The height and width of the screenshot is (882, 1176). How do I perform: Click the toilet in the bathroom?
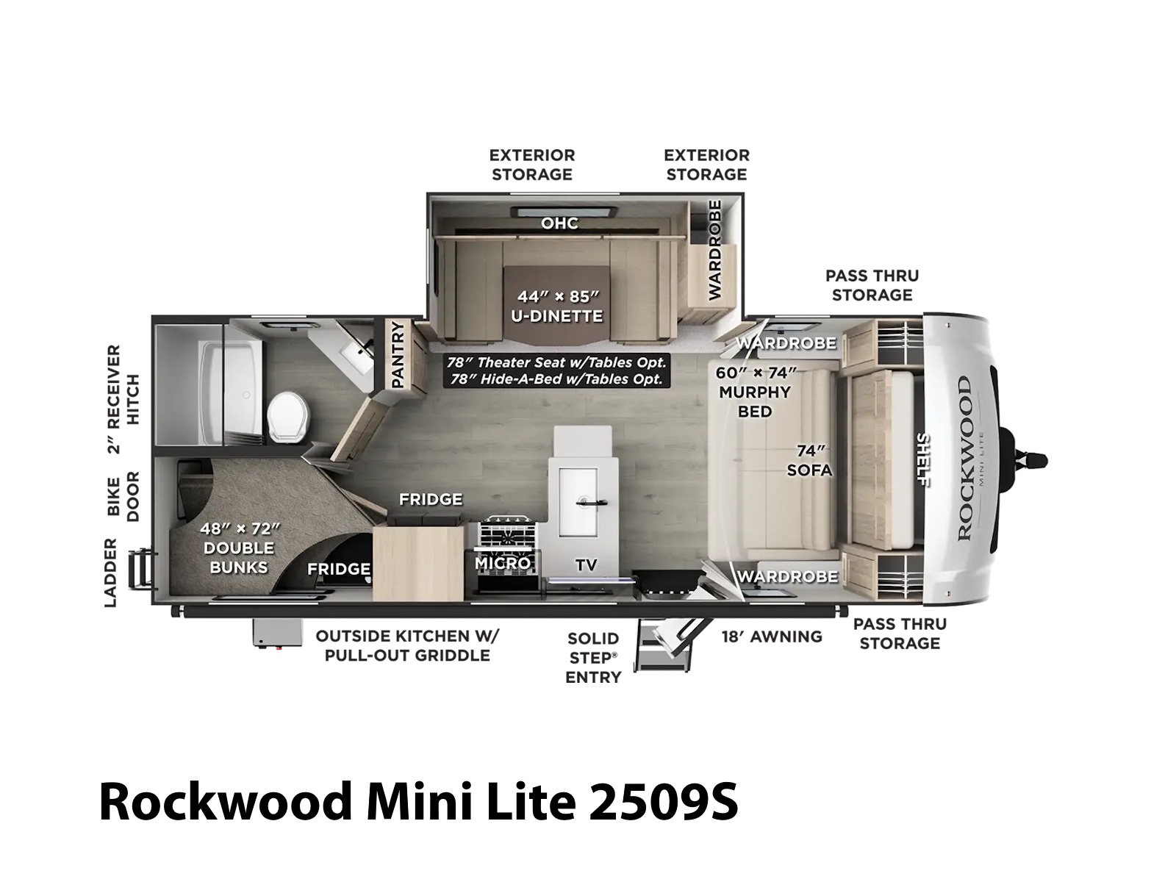(x=290, y=417)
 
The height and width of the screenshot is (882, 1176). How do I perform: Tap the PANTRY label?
(x=398, y=354)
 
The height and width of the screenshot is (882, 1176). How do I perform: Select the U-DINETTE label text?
(x=557, y=317)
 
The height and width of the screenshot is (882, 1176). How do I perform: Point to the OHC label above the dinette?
(x=560, y=223)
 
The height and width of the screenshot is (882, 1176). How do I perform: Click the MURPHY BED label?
(x=755, y=401)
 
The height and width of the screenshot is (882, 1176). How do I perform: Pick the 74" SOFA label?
(x=809, y=461)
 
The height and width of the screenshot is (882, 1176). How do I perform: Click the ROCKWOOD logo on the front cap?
(x=964, y=459)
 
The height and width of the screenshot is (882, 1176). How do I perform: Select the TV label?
(x=586, y=565)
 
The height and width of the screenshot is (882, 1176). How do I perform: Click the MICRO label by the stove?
(x=503, y=563)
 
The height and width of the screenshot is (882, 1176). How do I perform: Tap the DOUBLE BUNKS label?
(x=239, y=557)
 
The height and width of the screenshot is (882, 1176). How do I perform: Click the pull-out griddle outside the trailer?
(x=277, y=634)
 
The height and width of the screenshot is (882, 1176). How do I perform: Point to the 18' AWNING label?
(x=772, y=637)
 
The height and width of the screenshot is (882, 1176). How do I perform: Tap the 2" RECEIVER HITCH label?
(x=123, y=399)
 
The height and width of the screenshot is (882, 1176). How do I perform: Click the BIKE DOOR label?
(x=123, y=496)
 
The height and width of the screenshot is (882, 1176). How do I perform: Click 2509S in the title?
(x=664, y=802)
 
